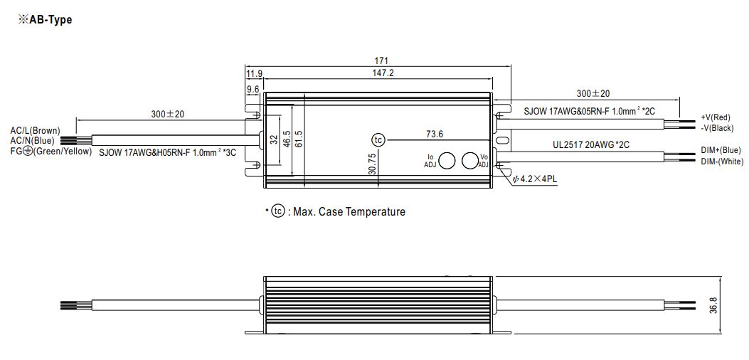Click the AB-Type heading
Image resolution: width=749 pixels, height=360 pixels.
[x=45, y=20]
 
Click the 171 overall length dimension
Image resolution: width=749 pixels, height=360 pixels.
[x=381, y=60]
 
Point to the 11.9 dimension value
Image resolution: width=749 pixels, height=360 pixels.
[x=254, y=73]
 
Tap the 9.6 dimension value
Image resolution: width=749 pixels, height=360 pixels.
[x=253, y=89]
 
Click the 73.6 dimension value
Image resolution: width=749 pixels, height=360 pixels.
[x=434, y=134]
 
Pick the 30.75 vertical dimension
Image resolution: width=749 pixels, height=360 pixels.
[x=373, y=164]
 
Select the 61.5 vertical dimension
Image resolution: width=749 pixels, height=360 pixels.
[x=299, y=139]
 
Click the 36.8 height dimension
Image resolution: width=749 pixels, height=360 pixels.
[x=727, y=305]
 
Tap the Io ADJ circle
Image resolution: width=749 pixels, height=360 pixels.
[x=447, y=161]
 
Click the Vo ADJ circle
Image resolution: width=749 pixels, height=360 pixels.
[x=470, y=161]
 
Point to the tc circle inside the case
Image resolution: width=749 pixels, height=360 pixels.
[x=378, y=140]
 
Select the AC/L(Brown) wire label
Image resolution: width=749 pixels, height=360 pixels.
[x=36, y=130]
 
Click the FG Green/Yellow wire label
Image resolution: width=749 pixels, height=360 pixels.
[x=51, y=151]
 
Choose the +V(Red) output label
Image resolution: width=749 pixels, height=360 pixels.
[x=716, y=117]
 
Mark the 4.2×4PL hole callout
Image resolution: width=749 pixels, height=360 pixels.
[x=534, y=180]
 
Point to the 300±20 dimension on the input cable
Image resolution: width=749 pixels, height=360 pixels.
[x=167, y=114]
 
